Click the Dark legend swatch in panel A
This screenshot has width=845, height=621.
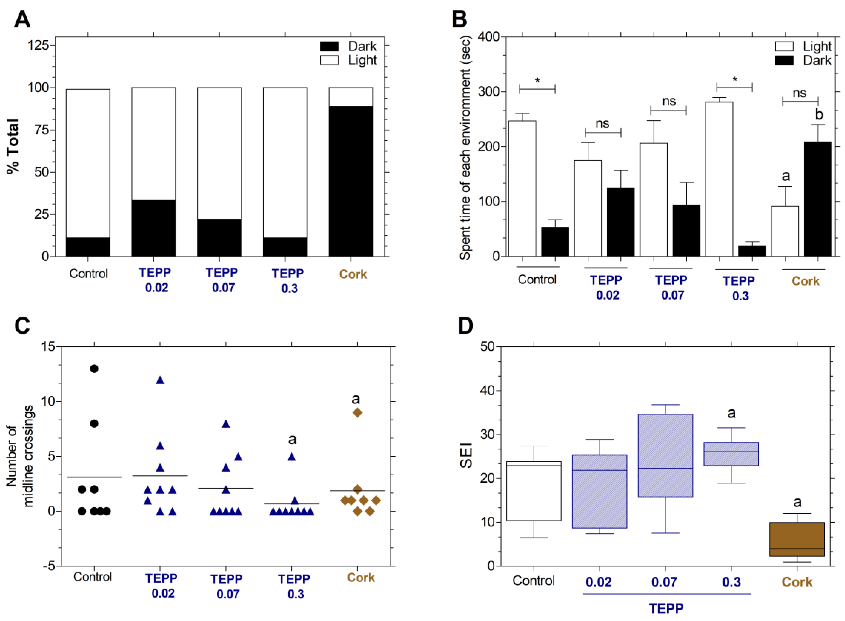point(329,46)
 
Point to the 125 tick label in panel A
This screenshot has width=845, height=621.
point(39,45)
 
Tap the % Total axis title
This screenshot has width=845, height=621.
point(13,146)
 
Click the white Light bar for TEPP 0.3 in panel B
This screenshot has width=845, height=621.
point(719,179)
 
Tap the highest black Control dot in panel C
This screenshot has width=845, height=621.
point(94,368)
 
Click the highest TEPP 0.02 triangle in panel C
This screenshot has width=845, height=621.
point(160,380)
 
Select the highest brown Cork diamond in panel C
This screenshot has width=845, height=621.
point(357,412)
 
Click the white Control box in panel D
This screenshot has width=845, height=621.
point(534,491)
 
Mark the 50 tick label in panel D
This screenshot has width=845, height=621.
point(487,346)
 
